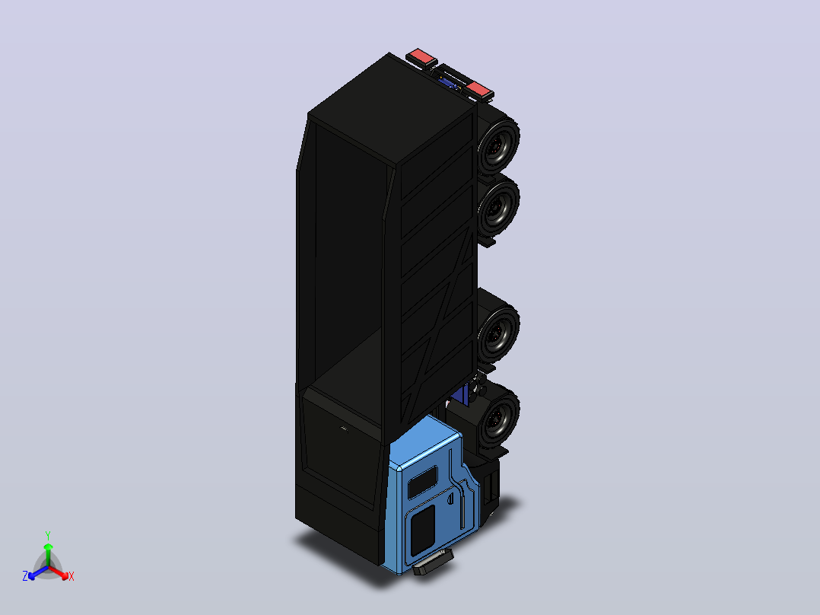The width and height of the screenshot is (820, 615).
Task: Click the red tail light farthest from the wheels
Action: click(421, 57)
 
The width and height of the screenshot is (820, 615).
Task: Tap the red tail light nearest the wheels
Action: click(480, 90)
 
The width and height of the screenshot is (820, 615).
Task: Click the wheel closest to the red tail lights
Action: click(498, 146)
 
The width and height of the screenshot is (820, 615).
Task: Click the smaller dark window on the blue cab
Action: click(423, 482)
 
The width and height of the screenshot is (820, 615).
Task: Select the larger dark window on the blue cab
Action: click(423, 530)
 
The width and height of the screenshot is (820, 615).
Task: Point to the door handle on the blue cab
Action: click(450, 497)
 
